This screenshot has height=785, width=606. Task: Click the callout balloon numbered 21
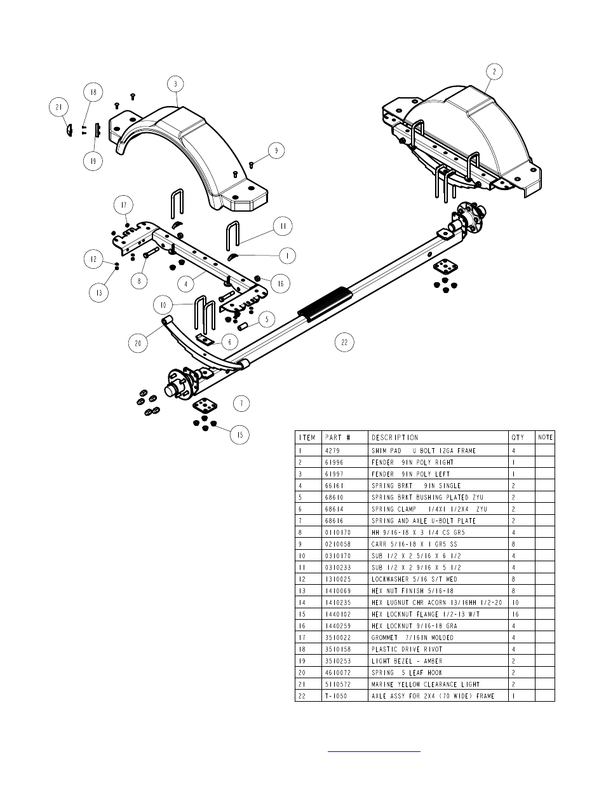pyautogui.click(x=59, y=107)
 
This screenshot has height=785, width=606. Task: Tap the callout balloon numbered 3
pyautogui.click(x=175, y=84)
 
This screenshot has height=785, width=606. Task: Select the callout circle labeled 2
pyautogui.click(x=494, y=72)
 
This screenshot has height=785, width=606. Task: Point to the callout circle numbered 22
pyautogui.click(x=344, y=342)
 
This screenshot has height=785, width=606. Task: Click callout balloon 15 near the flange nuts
pyautogui.click(x=239, y=435)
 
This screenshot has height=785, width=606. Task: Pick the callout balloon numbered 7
pyautogui.click(x=241, y=403)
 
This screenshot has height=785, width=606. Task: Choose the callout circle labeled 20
pyautogui.click(x=138, y=343)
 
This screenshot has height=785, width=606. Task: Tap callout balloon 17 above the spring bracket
pyautogui.click(x=123, y=205)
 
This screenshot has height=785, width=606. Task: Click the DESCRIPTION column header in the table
pyautogui.click(x=395, y=437)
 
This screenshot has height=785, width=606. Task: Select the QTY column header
pyautogui.click(x=518, y=437)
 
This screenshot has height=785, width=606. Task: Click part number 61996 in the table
pyautogui.click(x=334, y=462)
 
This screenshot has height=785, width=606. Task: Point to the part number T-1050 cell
pyautogui.click(x=335, y=696)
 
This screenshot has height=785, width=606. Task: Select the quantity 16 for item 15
pyautogui.click(x=515, y=614)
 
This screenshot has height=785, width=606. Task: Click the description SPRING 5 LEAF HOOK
pyautogui.click(x=407, y=672)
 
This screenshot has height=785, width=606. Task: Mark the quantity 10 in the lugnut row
pyautogui.click(x=515, y=603)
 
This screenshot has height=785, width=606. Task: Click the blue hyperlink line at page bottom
pyautogui.click(x=374, y=751)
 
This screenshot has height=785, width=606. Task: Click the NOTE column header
pyautogui.click(x=545, y=437)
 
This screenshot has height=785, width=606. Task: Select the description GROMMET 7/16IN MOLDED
pyautogui.click(x=412, y=638)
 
